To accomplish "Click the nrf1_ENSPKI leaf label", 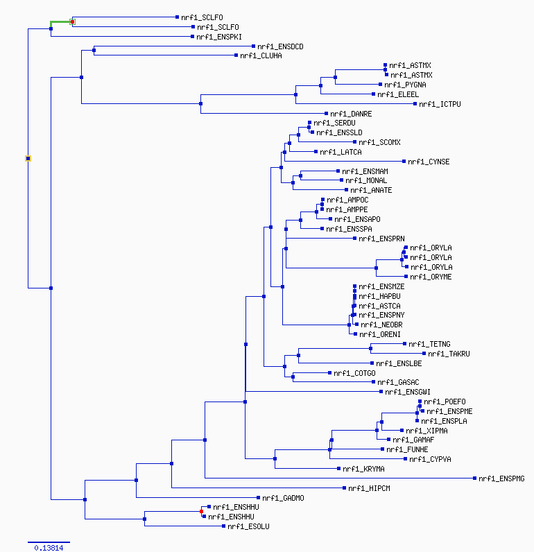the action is tap(219, 37).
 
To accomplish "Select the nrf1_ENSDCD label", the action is tap(280, 46).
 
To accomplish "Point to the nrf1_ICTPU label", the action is tap(440, 104).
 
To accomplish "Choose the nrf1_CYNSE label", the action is tap(429, 162).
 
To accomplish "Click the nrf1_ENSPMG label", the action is tap(501, 478).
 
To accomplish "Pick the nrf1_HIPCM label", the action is tap(369, 488).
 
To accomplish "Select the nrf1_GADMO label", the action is tap(283, 498).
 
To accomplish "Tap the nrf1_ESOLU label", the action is tap(248, 526).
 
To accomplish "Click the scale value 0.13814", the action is tap(49, 548).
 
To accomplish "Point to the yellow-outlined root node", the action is tap(28, 158).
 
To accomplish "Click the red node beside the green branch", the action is tap(73, 21).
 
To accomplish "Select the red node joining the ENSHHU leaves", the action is tap(201, 512).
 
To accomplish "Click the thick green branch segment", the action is tap(60, 22).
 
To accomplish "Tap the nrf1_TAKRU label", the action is tap(449, 354).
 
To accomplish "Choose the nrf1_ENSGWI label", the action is tap(408, 392).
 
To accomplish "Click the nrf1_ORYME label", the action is tap(431, 277).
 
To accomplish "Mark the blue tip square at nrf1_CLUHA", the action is tap(236, 55).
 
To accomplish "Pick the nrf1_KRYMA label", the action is tap(363, 469).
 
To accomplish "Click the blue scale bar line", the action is tap(49, 542).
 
